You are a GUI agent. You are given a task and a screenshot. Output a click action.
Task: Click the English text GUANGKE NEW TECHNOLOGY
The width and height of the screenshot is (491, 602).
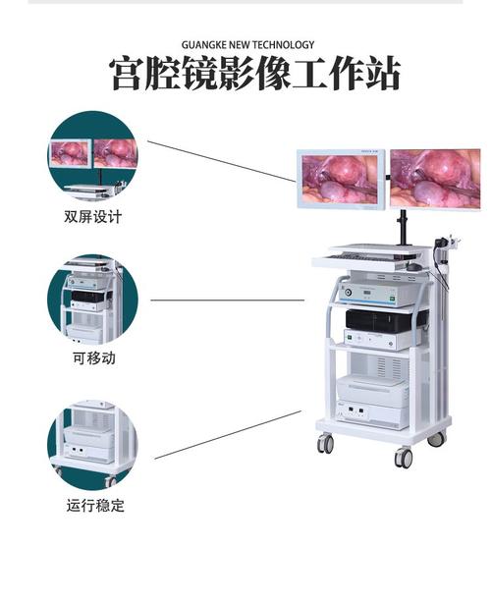coord(247,45)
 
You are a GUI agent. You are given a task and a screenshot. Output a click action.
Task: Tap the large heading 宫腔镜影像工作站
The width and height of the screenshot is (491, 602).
coord(255,74)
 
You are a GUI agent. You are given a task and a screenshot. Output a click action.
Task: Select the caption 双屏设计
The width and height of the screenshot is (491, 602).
coord(93,217)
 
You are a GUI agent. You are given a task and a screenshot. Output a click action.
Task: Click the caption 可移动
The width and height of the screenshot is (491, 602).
coord(94,358)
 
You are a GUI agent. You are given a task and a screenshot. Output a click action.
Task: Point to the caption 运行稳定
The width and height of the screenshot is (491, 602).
coord(95,505)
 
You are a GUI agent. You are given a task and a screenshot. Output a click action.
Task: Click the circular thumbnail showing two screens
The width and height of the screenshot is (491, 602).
coord(92,156)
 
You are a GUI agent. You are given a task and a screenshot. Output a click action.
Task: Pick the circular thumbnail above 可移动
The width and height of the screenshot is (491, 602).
coord(92,300)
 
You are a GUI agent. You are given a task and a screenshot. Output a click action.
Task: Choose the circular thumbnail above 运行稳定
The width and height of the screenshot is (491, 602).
coord(92,445)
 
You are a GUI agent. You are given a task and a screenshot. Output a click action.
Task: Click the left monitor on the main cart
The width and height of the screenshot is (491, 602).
coord(342,180)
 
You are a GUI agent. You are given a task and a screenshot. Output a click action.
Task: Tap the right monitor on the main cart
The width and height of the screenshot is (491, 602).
coord(435,180)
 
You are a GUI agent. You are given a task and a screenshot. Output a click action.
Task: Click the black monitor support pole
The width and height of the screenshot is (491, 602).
coord(404,227)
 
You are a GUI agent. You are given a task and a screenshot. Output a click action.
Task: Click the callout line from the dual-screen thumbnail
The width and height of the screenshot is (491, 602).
coord(222,161)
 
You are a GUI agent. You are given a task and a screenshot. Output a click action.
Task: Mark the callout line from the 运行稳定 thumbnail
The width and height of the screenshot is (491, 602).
coord(228,435)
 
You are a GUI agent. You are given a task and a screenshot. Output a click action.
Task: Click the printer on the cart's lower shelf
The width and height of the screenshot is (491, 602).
coord(372,391)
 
